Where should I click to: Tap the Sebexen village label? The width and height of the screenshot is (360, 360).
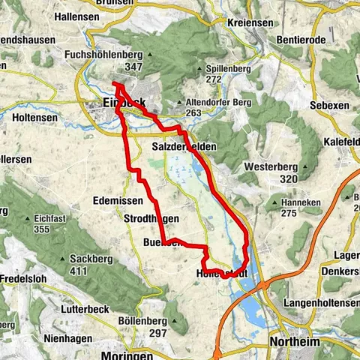(x=330, y=106)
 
